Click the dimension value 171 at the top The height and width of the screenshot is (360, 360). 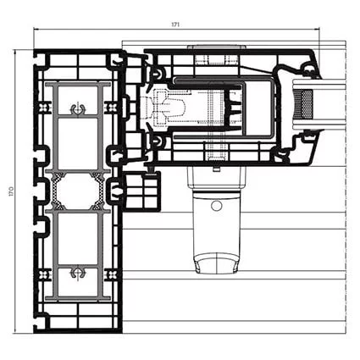(175, 25)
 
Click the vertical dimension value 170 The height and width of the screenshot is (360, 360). (11, 191)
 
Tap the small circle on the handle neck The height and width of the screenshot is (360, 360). (216, 205)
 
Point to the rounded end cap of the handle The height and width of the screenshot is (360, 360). (216, 263)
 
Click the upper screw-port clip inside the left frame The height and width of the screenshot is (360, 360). (78, 109)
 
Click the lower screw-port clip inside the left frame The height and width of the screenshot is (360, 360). (78, 273)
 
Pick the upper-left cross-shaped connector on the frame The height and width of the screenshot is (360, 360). (43, 108)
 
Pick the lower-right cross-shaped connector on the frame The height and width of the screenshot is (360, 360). (112, 274)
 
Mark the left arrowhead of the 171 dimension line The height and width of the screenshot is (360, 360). (36, 28)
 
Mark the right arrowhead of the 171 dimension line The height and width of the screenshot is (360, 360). (318, 28)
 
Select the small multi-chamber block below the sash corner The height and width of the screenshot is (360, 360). (141, 191)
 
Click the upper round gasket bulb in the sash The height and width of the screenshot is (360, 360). (157, 75)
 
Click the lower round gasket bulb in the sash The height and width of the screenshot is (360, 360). (156, 140)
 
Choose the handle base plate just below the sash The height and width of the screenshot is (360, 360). (217, 179)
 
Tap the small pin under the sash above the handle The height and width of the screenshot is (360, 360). (217, 169)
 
